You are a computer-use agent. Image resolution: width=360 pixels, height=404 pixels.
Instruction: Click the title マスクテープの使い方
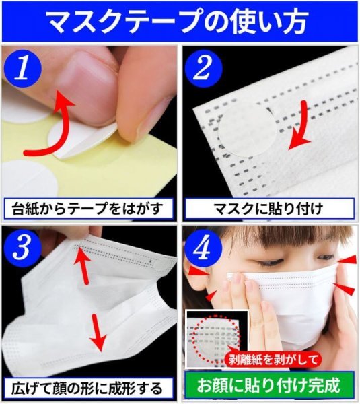tap(177, 22)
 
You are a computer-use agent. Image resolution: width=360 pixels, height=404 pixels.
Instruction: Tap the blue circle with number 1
tap(23, 69)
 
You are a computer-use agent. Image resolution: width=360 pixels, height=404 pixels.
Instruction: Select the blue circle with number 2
tap(203, 69)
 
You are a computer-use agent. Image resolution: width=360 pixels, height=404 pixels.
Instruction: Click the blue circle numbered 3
tap(23, 248)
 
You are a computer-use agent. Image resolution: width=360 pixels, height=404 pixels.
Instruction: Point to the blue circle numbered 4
tap(203, 248)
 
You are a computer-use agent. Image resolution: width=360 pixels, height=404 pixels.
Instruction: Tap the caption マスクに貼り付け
tap(268, 209)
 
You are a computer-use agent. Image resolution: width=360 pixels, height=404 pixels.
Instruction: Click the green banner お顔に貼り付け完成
tap(269, 385)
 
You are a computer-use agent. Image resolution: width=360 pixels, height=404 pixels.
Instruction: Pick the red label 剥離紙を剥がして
tap(272, 359)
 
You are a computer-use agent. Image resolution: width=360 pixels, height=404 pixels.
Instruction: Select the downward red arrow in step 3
tap(98, 333)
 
